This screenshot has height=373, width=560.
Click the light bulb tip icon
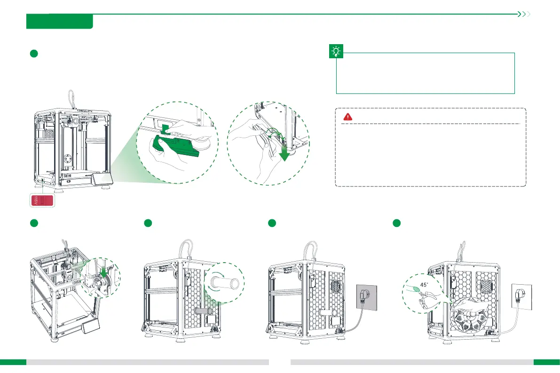pyautogui.click(x=337, y=52)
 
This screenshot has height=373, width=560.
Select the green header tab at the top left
pyautogui.click(x=60, y=22)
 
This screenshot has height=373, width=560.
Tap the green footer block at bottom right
pyautogui.click(x=546, y=362)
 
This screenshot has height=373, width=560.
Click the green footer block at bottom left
pyautogui.click(x=13, y=362)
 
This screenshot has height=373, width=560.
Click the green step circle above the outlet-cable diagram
pyautogui.click(x=272, y=224)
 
